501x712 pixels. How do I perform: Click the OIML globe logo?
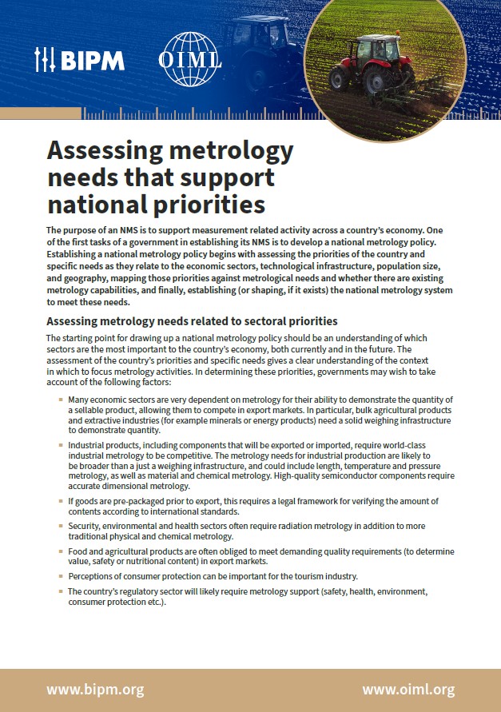point(190,58)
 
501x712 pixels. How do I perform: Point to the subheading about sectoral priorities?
point(192,321)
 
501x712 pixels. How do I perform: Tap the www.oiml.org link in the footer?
point(408,689)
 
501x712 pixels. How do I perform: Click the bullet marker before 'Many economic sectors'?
point(62,400)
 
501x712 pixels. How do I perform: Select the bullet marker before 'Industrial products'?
point(62,444)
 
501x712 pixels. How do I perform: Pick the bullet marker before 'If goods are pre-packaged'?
point(62,501)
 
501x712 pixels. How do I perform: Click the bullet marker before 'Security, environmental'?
point(62,526)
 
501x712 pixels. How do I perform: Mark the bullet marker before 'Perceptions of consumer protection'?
point(62,576)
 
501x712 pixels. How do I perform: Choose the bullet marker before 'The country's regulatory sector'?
point(62,592)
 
